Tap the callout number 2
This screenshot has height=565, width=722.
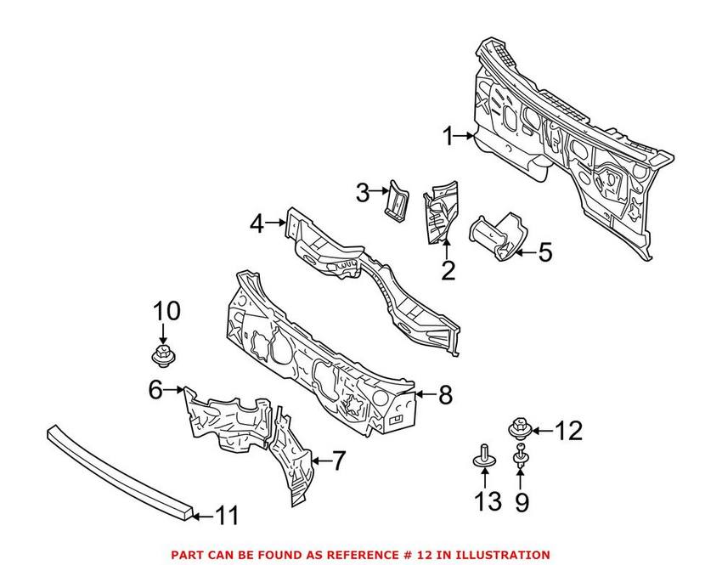pyautogui.click(x=448, y=270)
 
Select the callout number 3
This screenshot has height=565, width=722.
pyautogui.click(x=363, y=193)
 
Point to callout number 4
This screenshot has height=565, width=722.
pyautogui.click(x=257, y=224)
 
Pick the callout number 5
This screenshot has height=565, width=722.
pyautogui.click(x=544, y=251)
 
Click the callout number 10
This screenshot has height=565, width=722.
pyautogui.click(x=167, y=311)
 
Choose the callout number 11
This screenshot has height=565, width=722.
pyautogui.click(x=227, y=515)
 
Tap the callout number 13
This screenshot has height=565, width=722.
pyautogui.click(x=488, y=502)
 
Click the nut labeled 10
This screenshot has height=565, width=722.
pyautogui.click(x=161, y=353)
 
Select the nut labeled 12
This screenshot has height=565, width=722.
pyautogui.click(x=518, y=427)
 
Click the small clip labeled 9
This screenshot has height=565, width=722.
pyautogui.click(x=520, y=459)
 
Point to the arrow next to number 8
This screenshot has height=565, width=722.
pyautogui.click(x=423, y=395)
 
